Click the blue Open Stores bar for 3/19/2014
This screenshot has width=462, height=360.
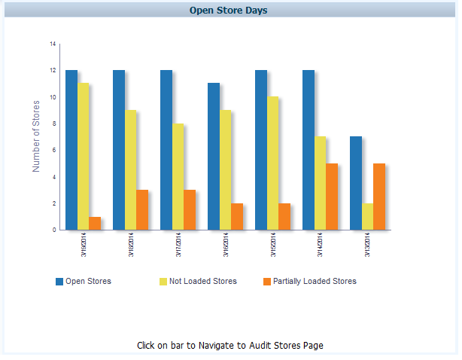(x=71, y=150)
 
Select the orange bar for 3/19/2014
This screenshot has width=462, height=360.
(x=95, y=223)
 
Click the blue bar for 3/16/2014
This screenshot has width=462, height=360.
(x=214, y=156)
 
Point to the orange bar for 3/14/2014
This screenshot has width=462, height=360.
(x=332, y=196)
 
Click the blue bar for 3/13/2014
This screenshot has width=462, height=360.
(x=356, y=183)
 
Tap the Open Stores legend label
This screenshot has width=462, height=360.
(x=88, y=281)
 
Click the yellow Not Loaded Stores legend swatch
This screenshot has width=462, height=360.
(x=163, y=282)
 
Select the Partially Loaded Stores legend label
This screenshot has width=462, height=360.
(x=315, y=281)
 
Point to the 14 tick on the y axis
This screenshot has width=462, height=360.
(x=53, y=44)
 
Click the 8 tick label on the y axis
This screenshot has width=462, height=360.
(x=53, y=124)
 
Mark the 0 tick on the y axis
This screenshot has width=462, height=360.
(x=53, y=230)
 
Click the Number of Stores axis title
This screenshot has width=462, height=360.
(x=36, y=136)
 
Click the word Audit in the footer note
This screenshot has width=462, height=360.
(x=241, y=346)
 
